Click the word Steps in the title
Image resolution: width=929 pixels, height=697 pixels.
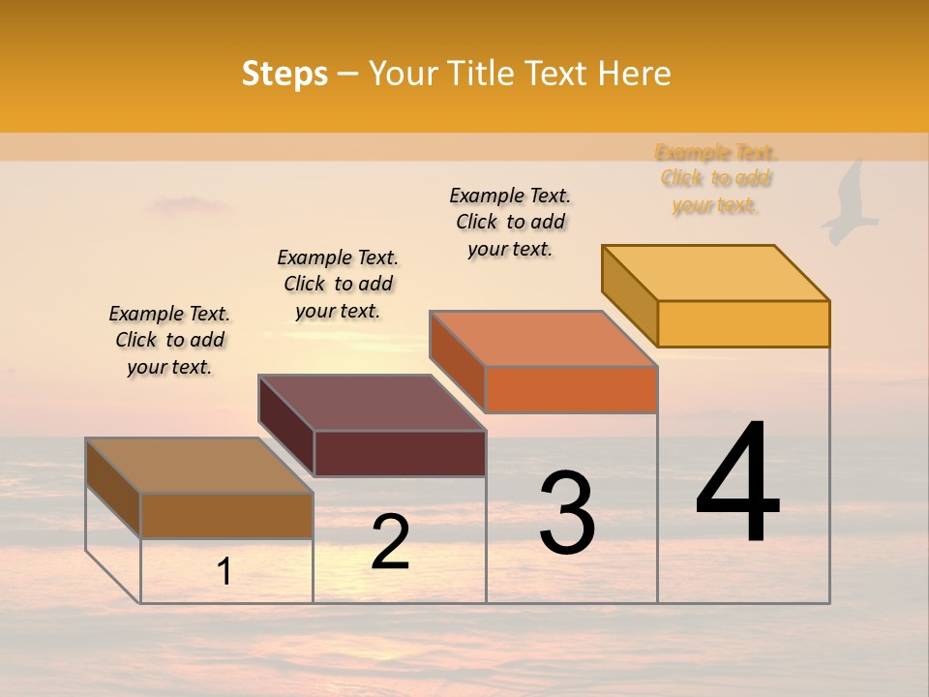pyautogui.click(x=285, y=74)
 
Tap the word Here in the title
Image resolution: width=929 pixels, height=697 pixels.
pyautogui.click(x=634, y=74)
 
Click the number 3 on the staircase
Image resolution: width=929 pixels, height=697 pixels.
pyautogui.click(x=567, y=513)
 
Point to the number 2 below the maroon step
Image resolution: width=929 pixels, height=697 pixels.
pyautogui.click(x=390, y=542)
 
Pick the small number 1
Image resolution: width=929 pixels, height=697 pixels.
pyautogui.click(x=225, y=572)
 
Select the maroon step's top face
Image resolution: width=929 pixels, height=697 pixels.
pyautogui.click(x=373, y=403)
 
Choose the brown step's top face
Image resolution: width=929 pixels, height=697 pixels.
pyautogui.click(x=199, y=466)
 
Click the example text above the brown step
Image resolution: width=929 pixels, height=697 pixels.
pyautogui.click(x=169, y=340)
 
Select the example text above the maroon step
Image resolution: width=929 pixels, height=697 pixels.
pyautogui.click(x=338, y=284)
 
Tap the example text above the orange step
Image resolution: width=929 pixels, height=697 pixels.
pyautogui.click(x=510, y=222)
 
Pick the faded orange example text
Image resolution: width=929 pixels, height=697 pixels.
pyautogui.click(x=715, y=178)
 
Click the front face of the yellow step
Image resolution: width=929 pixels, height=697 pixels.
pyautogui.click(x=743, y=323)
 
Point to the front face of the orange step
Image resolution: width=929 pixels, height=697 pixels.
pyautogui.click(x=571, y=389)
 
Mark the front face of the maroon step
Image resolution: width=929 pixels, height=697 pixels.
pyautogui.click(x=400, y=453)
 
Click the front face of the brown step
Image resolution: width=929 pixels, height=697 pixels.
pyautogui.click(x=226, y=515)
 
